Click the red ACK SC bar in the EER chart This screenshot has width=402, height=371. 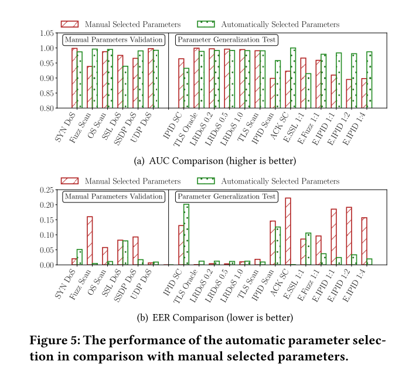[288, 231]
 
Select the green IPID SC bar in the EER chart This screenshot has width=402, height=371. [186, 234]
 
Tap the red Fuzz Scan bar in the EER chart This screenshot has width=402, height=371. [90, 241]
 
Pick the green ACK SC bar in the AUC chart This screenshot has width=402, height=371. [293, 78]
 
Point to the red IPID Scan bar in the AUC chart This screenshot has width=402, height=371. [272, 93]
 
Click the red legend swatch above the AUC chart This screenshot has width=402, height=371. [69, 24]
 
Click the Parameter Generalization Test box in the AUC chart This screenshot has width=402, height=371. [227, 40]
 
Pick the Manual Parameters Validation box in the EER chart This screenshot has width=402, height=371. [113, 197]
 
